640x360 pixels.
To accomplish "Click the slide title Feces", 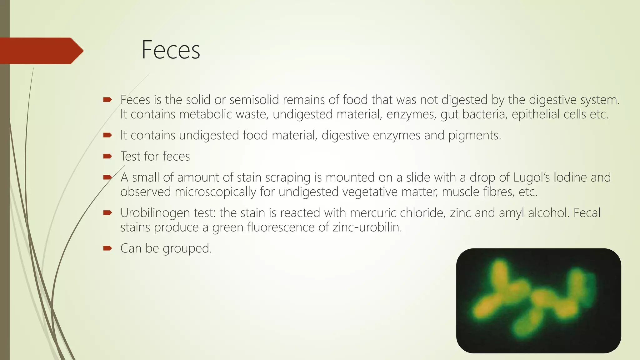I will click(x=171, y=50).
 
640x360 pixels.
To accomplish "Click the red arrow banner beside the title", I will click(x=41, y=51).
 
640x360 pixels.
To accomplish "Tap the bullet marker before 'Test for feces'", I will click(x=107, y=156).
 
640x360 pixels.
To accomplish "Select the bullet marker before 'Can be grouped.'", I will click(x=107, y=248).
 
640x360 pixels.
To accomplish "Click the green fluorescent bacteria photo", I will click(x=538, y=301).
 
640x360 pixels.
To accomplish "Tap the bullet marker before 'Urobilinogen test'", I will click(x=107, y=213).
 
